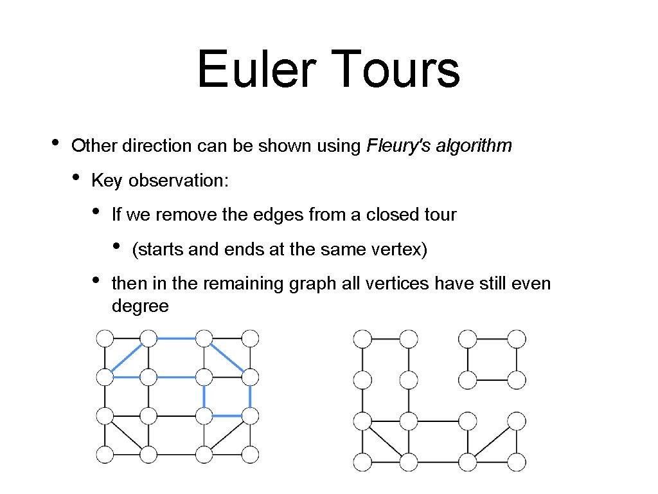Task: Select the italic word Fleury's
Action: (x=398, y=146)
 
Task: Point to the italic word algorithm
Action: (x=474, y=146)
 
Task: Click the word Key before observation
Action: (x=107, y=181)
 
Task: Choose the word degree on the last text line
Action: (x=140, y=306)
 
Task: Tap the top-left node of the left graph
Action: (x=105, y=338)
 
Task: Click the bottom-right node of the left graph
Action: (x=250, y=454)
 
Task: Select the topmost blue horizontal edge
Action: (x=176, y=338)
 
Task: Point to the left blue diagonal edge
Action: (x=127, y=357)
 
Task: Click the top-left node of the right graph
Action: (x=362, y=338)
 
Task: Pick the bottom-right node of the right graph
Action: (x=516, y=461)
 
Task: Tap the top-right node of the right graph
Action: (x=516, y=338)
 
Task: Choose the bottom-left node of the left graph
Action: (x=105, y=454)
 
